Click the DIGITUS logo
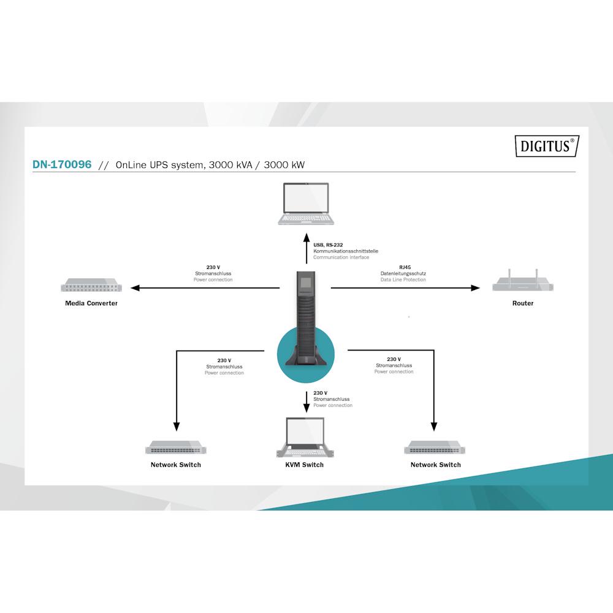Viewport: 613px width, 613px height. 547,146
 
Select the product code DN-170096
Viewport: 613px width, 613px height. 62,164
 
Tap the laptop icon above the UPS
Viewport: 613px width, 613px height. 306,204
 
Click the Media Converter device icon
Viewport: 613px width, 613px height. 91,285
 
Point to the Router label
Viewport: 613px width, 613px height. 523,303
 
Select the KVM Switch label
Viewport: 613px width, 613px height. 304,465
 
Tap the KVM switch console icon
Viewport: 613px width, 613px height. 305,437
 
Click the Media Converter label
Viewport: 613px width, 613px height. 91,303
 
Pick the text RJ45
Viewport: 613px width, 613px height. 405,267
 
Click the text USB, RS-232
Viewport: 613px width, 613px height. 328,245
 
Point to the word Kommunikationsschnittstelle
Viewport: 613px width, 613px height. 346,251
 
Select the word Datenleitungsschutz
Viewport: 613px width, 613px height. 403,273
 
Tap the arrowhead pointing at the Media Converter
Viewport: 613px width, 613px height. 135,288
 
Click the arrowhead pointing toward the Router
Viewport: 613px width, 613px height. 475,288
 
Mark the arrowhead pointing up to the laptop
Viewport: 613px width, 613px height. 306,238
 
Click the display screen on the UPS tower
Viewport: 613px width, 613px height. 306,283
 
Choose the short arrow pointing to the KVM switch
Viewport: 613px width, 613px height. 306,402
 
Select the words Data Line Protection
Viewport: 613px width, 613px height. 403,280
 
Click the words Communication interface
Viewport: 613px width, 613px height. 341,257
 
